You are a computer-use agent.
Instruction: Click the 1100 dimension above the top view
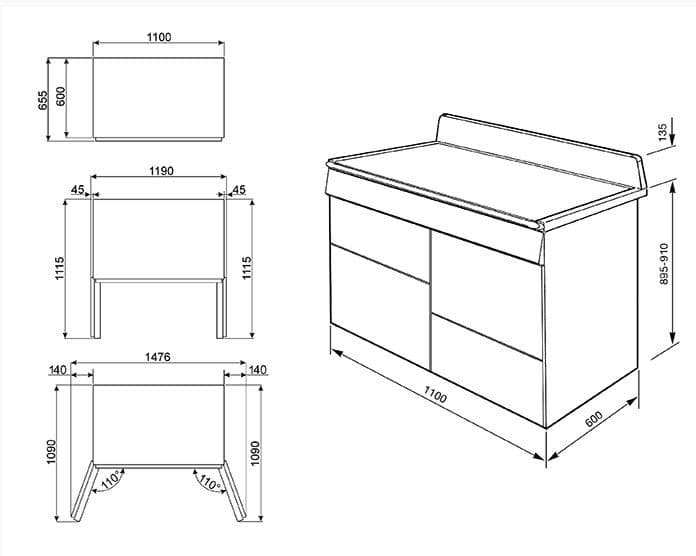158,37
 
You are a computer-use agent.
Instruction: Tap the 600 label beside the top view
61,96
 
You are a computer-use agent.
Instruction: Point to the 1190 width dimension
161,171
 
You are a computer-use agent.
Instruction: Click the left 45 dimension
77,189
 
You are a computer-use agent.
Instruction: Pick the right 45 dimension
238,189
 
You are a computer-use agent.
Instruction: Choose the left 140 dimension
57,370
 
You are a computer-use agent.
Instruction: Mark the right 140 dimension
256,370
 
